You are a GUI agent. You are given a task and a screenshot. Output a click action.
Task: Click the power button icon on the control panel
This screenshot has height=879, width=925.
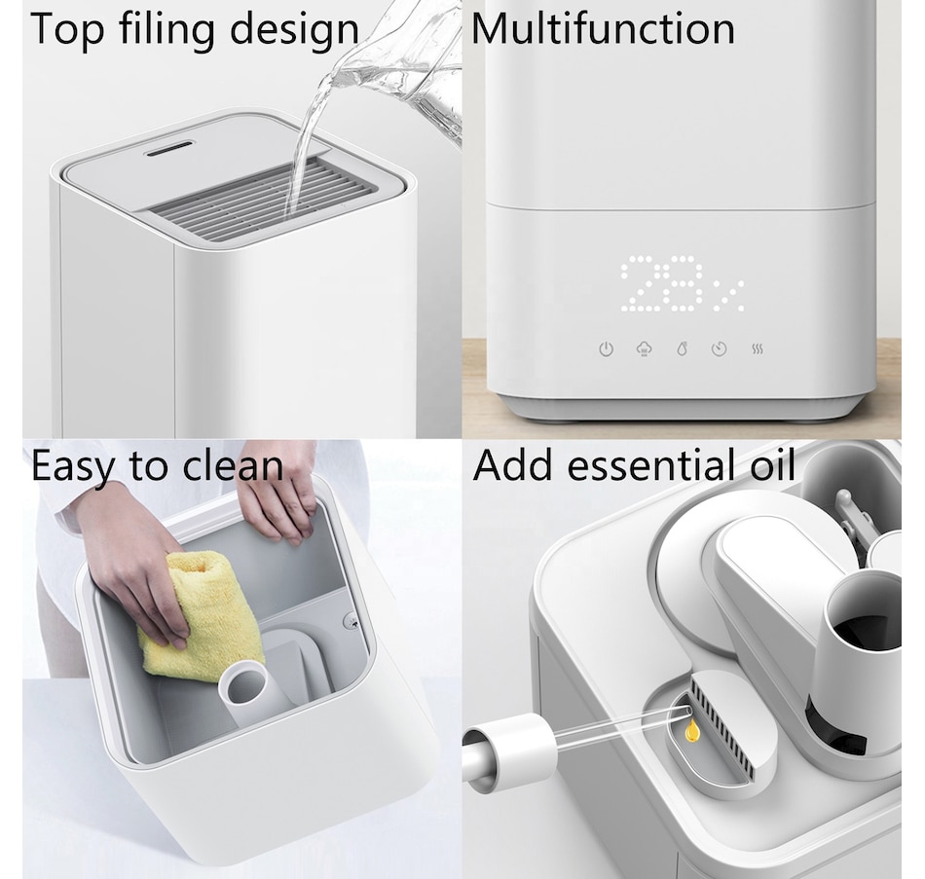click(x=606, y=349)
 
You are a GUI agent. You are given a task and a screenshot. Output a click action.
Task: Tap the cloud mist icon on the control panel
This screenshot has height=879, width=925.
click(x=645, y=349)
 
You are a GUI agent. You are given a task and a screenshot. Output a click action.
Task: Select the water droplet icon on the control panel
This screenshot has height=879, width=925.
click(x=682, y=349)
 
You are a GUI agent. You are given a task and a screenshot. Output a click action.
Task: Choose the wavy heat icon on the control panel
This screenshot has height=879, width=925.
click(x=758, y=349)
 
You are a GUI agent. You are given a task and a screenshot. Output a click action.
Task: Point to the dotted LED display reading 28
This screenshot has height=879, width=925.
click(x=661, y=283)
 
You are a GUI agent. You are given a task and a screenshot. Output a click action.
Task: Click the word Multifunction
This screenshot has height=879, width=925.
click(x=603, y=28)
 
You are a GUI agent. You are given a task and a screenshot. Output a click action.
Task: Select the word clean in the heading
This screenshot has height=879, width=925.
click(x=233, y=466)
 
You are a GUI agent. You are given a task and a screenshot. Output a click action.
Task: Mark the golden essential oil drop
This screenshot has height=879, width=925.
click(x=692, y=731)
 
